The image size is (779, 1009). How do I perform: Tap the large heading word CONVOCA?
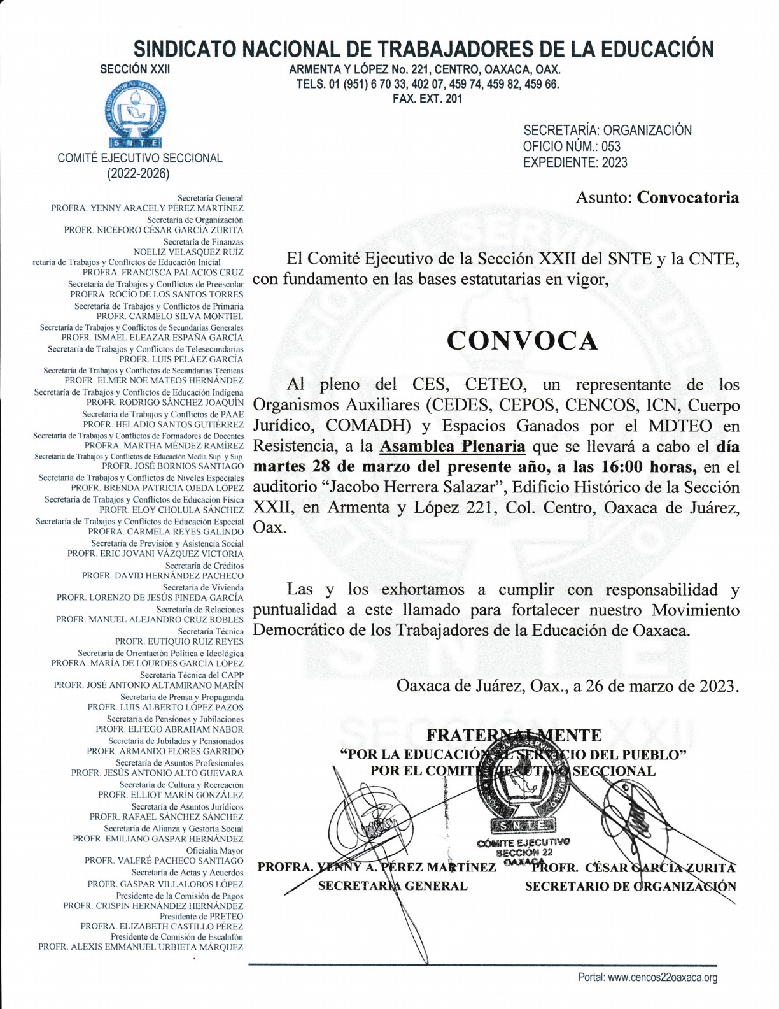pyautogui.click(x=522, y=341)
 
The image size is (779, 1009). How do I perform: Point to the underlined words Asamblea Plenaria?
pyautogui.click(x=453, y=447)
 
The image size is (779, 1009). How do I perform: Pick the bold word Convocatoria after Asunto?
pyautogui.click(x=688, y=197)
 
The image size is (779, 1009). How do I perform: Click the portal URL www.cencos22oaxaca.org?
pyautogui.click(x=663, y=977)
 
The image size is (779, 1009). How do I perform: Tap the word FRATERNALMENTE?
pyautogui.click(x=514, y=736)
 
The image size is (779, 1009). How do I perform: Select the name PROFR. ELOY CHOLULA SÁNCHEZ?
pyautogui.click(x=171, y=510)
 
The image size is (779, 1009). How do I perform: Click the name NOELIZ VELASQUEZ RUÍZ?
pyautogui.click(x=188, y=252)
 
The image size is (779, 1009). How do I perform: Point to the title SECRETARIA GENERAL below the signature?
pyautogui.click(x=393, y=885)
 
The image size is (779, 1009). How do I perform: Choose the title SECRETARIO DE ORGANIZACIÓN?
pyautogui.click(x=630, y=886)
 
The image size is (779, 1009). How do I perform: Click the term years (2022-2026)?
pyautogui.click(x=138, y=173)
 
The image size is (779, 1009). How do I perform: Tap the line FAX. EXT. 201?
pyautogui.click(x=427, y=99)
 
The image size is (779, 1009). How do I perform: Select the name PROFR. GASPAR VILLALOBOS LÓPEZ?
pyautogui.click(x=165, y=884)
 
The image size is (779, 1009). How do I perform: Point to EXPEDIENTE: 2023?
pyautogui.click(x=575, y=162)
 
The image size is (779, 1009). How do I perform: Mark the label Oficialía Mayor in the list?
pyautogui.click(x=214, y=850)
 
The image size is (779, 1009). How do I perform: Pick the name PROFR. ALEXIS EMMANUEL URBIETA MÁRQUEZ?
pyautogui.click(x=141, y=947)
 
